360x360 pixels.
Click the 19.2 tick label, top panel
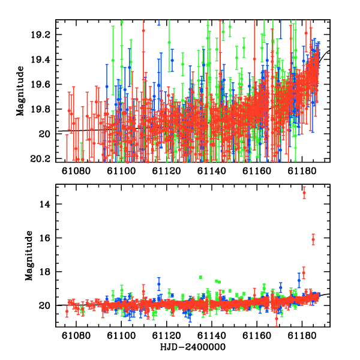tap(41, 35)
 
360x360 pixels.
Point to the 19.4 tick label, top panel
tap(41, 59)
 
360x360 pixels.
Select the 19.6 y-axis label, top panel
tap(41, 85)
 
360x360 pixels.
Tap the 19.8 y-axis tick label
tap(41, 109)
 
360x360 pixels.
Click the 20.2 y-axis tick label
tap(41, 159)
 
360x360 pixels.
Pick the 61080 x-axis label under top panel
tap(76, 171)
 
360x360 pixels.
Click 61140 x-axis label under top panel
tap(212, 171)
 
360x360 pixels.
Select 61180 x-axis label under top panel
tap(302, 171)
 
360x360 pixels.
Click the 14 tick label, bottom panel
tap(45, 204)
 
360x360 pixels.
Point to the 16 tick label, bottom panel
tap(45, 238)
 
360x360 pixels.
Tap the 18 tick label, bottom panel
tap(45, 272)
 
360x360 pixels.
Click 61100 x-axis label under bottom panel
tap(121, 335)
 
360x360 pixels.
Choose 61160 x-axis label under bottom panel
tap(257, 335)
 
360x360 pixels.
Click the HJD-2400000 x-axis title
tap(193, 347)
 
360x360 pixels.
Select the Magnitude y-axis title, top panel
tap(20, 91)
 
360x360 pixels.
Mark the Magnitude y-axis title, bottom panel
tap(29, 256)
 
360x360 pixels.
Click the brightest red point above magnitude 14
tap(304, 193)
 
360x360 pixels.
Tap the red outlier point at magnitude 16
tap(313, 239)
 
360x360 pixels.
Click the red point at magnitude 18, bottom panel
tap(304, 273)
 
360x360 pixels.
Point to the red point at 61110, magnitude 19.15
tap(143, 31)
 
